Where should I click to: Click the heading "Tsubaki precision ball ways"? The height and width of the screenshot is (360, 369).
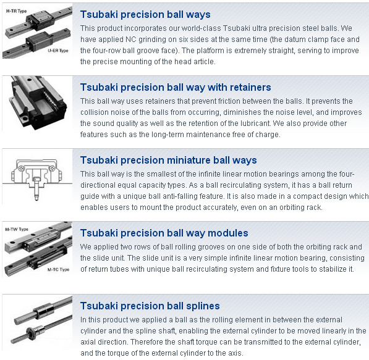[145, 14]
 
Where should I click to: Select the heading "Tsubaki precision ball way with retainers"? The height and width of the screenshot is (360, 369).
[176, 87]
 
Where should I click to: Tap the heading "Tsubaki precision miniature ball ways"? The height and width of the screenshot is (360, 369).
[169, 160]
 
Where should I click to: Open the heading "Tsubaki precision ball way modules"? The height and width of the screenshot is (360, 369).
[164, 233]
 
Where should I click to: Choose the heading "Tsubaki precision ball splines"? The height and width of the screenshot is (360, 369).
[150, 306]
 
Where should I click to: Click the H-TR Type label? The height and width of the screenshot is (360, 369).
[16, 11]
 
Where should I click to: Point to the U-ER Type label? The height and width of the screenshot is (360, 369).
[58, 51]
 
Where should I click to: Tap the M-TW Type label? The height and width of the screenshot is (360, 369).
[17, 229]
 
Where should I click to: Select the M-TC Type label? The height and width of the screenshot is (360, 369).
[58, 269]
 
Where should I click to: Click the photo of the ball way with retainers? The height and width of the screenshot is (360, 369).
[37, 103]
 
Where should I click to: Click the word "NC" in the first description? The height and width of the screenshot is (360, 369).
[131, 40]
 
